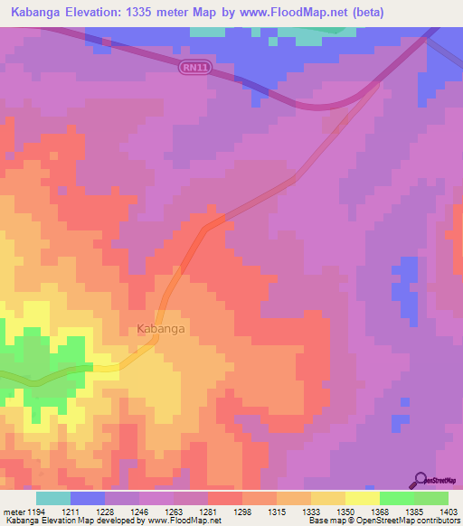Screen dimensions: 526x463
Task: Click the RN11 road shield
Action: [191, 67]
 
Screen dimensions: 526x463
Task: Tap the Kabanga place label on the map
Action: [161, 329]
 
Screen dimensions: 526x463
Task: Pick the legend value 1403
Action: [449, 511]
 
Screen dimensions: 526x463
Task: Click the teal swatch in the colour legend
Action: [53, 497]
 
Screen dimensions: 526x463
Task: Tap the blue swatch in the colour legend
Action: [88, 497]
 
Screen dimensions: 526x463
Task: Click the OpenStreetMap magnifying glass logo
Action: [420, 480]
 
